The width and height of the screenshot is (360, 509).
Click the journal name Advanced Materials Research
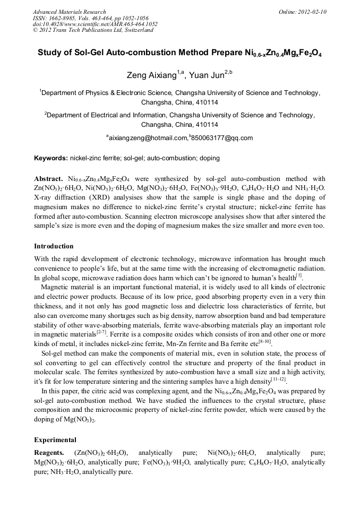pyautogui.click(x=69, y=12)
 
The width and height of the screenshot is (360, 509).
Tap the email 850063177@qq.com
pyautogui.click(x=222, y=138)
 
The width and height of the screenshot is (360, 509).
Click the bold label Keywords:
pyautogui.click(x=51, y=158)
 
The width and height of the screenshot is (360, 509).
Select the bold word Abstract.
pyautogui.click(x=48, y=179)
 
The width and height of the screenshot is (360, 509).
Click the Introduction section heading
pyautogui.click(x=54, y=246)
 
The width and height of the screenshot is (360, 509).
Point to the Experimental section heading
pyautogui.click(x=55, y=440)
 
